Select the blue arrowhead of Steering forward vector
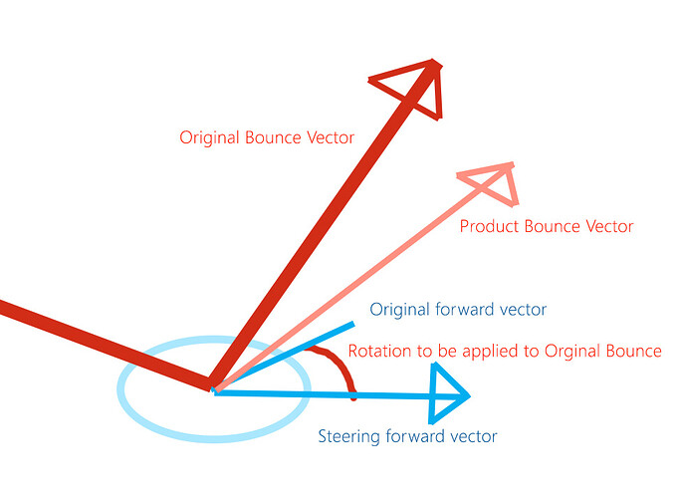447,393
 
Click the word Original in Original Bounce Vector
209,138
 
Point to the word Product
489,226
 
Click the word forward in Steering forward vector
414,436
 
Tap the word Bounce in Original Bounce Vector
273,138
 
